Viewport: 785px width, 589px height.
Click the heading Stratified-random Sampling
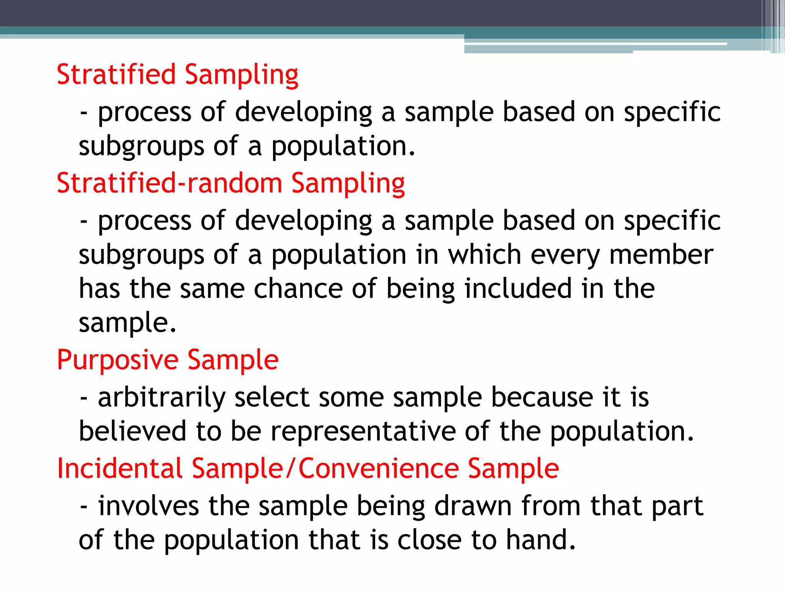[230, 183]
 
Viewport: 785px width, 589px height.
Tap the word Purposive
[117, 360]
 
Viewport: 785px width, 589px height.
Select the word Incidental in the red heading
[119, 468]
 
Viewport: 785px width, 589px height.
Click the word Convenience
[379, 468]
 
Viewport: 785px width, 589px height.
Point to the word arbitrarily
[161, 398]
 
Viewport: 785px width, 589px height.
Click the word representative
[363, 432]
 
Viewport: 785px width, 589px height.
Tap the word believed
[132, 431]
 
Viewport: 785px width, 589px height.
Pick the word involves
[148, 506]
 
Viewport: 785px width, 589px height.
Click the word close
[429, 540]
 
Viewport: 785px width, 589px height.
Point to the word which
[484, 255]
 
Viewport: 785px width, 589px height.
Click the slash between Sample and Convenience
[291, 468]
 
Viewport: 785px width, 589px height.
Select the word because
[542, 398]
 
